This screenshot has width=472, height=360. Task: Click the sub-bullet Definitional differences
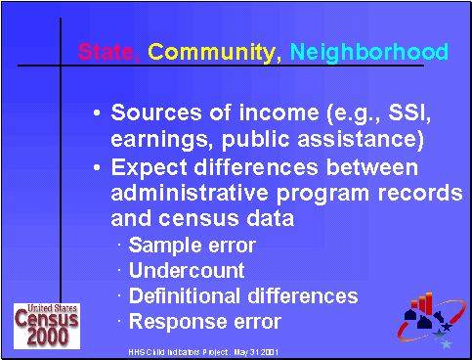pyautogui.click(x=243, y=295)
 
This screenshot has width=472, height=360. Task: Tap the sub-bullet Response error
pyautogui.click(x=205, y=321)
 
